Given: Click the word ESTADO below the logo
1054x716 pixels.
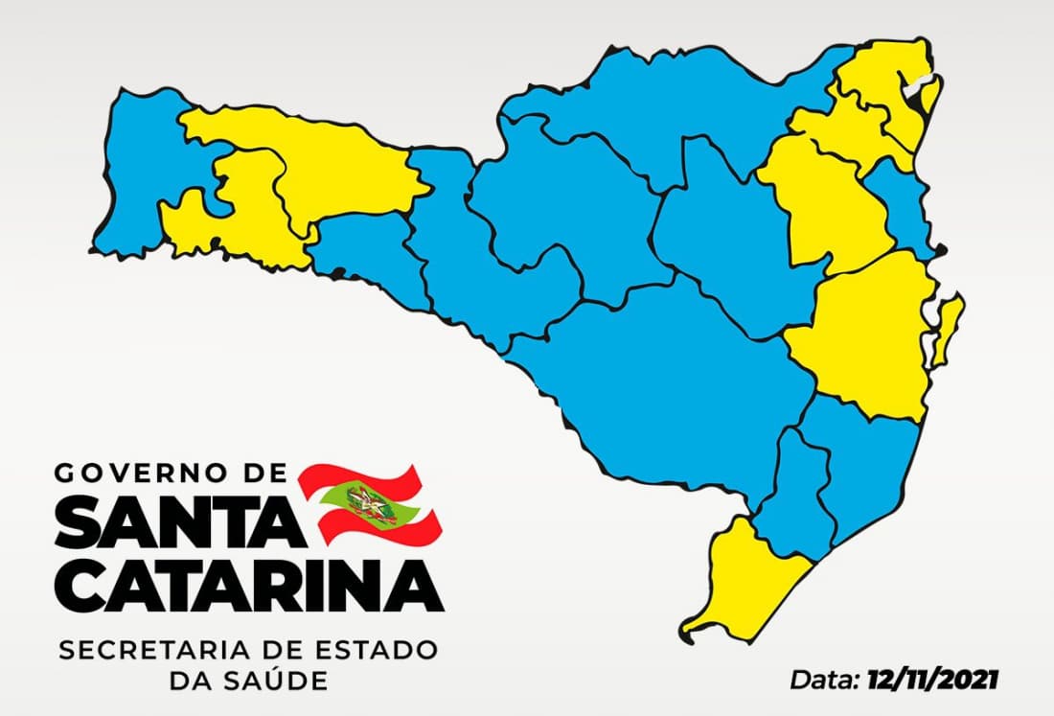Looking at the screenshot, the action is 380,651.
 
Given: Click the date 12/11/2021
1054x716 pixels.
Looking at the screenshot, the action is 932,681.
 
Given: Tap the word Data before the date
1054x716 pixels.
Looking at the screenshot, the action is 824,681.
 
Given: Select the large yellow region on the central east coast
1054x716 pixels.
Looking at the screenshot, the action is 867,335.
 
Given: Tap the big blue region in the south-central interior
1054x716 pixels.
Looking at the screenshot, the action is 671,383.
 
